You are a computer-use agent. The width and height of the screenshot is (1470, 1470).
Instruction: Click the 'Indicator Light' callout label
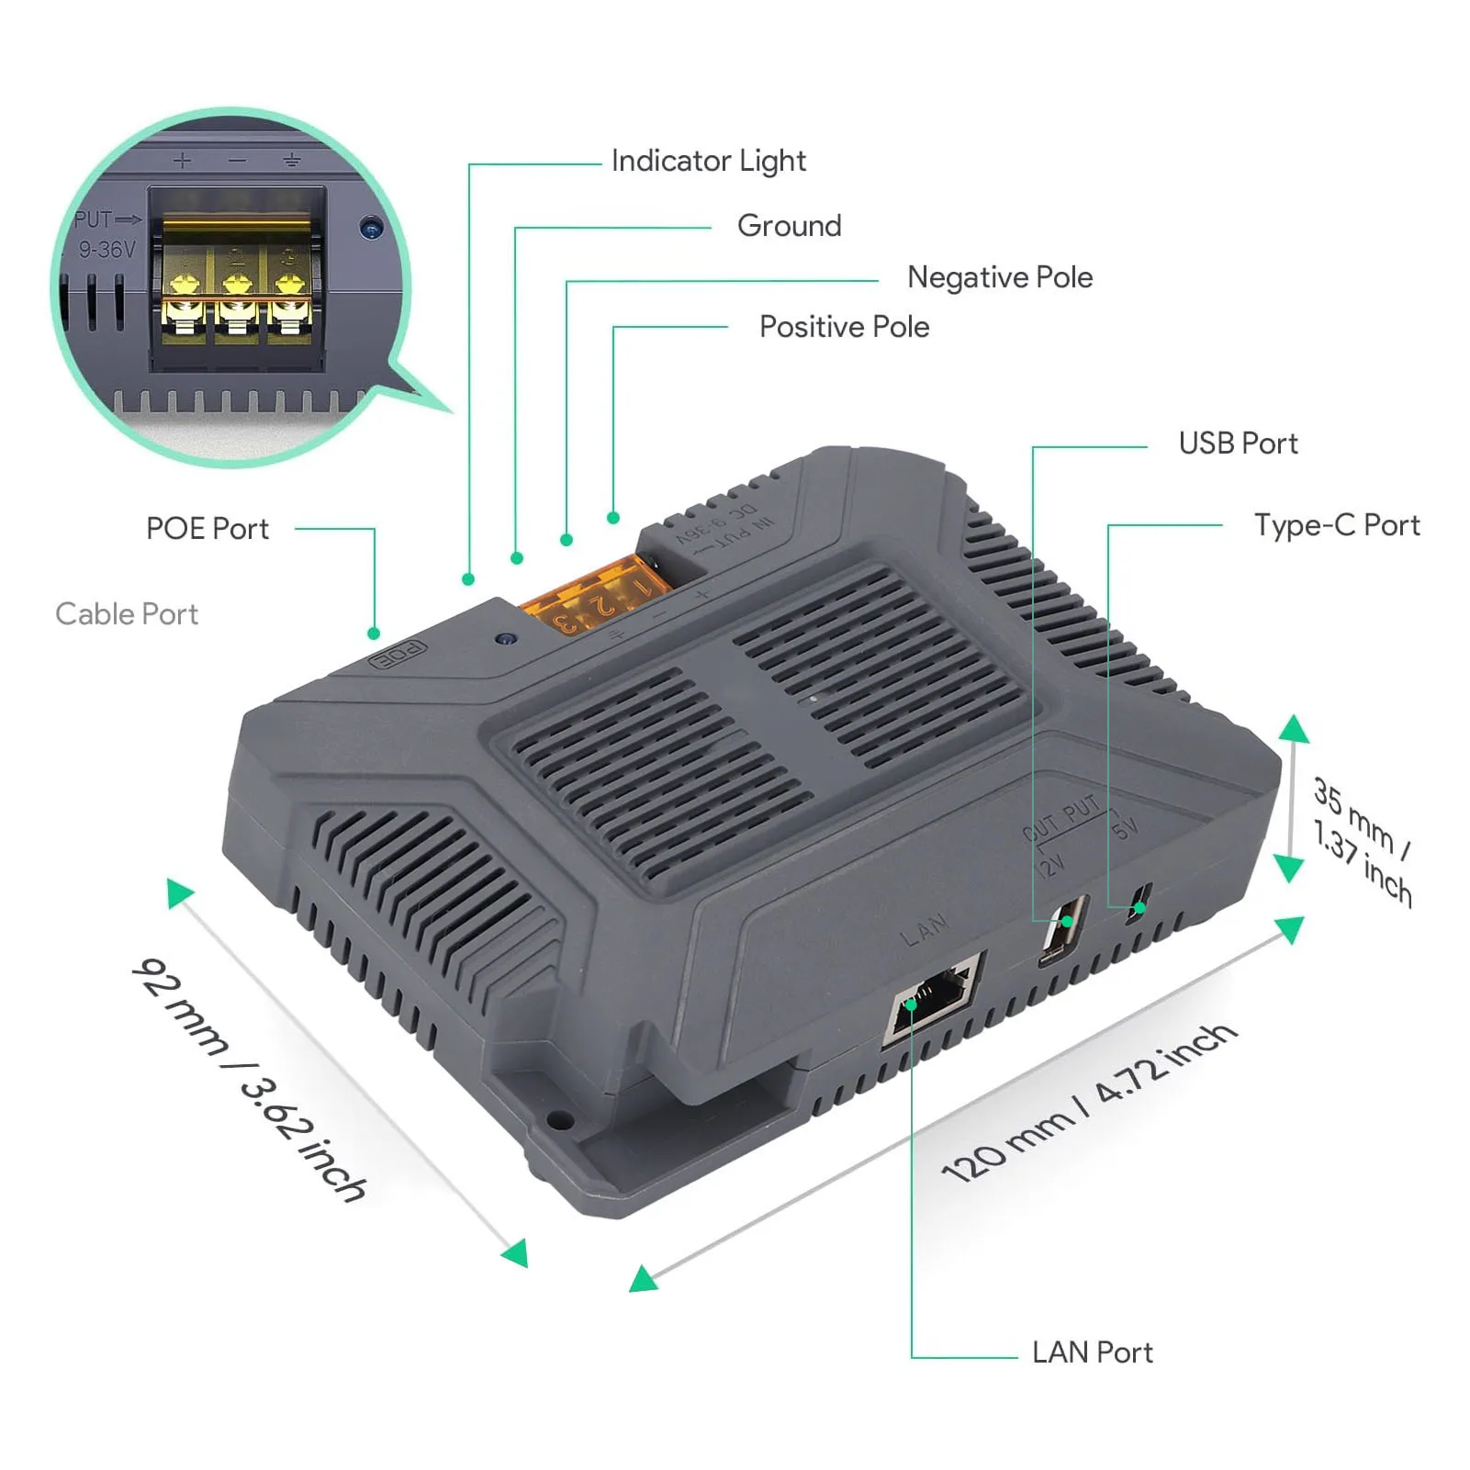click(708, 162)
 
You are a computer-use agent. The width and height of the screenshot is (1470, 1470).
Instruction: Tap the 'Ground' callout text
click(789, 226)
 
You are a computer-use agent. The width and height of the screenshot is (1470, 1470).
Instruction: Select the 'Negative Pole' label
click(999, 277)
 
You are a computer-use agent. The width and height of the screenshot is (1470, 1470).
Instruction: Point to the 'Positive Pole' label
click(844, 327)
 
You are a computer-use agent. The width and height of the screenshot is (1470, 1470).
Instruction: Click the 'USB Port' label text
click(1238, 443)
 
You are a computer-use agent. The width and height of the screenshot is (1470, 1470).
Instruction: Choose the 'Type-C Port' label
click(1336, 525)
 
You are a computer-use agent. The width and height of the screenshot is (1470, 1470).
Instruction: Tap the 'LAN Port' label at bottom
click(1092, 1352)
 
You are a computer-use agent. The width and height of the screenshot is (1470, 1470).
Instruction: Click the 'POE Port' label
click(208, 529)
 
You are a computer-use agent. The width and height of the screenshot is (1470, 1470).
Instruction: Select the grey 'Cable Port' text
click(127, 614)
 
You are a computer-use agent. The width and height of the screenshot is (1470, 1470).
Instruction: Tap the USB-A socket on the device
click(1064, 929)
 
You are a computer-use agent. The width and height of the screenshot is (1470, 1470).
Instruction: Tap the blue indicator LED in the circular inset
click(371, 227)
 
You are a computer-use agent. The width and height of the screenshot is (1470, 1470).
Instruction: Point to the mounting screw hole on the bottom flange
click(557, 1120)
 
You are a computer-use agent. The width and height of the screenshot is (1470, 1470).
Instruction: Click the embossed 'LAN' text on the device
click(924, 930)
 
